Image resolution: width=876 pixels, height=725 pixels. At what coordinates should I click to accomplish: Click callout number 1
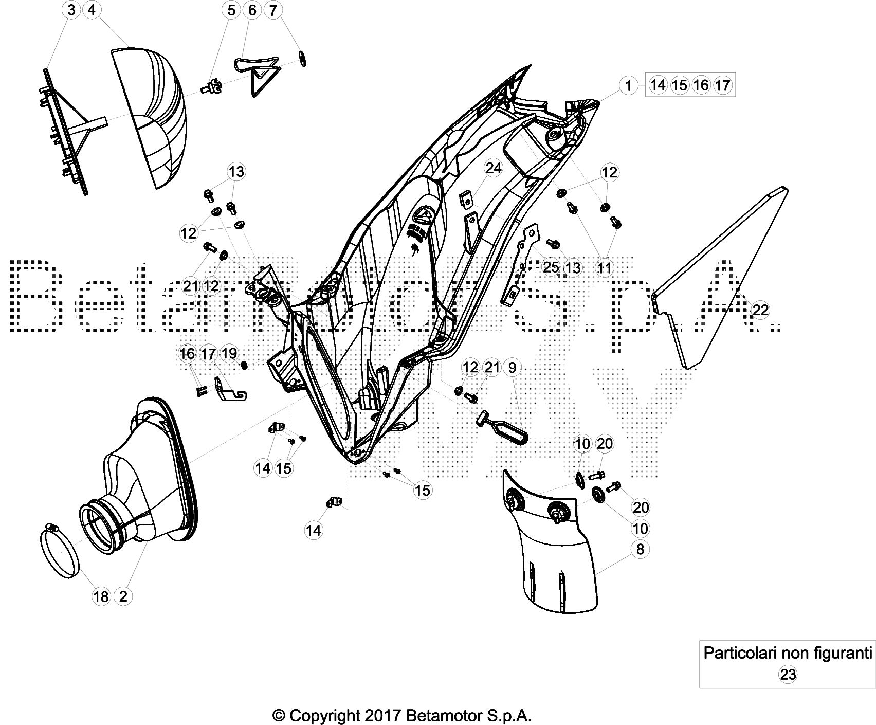(x=628, y=85)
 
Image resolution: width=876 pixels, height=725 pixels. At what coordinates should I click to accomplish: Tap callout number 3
(x=71, y=10)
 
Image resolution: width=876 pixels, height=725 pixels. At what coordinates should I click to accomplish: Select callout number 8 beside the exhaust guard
(x=640, y=549)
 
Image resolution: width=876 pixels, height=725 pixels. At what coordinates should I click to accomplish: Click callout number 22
(x=760, y=310)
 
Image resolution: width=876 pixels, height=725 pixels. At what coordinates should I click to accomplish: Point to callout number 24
(x=493, y=169)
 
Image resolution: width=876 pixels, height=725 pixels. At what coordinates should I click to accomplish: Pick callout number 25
(x=551, y=267)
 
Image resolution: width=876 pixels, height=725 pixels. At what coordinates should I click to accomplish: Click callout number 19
(x=229, y=353)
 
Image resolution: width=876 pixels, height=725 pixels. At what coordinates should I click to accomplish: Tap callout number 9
(x=512, y=367)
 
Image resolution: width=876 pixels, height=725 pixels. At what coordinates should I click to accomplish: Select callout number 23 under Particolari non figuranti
(x=788, y=674)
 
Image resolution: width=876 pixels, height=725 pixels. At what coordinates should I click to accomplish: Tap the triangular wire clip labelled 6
(x=257, y=75)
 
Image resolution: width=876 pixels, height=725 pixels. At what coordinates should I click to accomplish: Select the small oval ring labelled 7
(x=303, y=59)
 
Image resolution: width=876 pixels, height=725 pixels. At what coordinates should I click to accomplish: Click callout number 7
(x=273, y=10)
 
